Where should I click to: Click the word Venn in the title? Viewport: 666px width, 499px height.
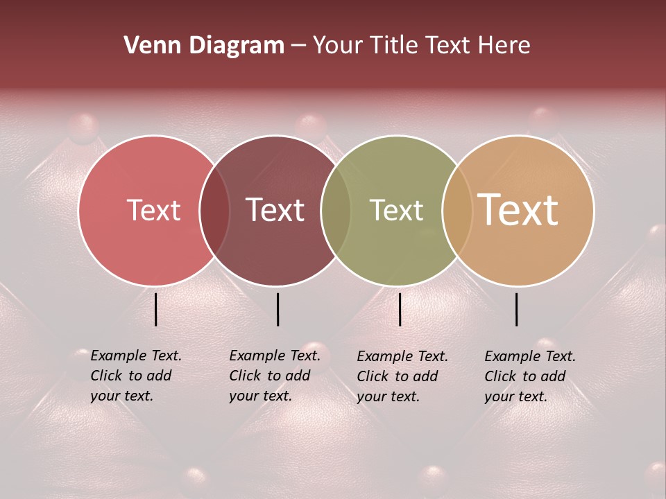(146, 46)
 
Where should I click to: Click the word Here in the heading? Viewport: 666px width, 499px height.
(504, 46)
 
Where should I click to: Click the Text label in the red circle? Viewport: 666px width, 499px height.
(153, 210)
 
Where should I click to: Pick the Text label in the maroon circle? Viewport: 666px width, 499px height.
(275, 210)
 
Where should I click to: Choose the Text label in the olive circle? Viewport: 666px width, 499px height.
(396, 210)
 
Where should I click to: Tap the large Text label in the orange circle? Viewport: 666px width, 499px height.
(518, 210)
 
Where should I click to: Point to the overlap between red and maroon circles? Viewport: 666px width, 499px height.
(214, 210)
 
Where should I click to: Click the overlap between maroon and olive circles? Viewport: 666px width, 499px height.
(336, 210)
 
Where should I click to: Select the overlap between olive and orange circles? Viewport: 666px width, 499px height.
(456, 210)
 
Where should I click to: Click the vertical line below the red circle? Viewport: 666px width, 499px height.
(156, 309)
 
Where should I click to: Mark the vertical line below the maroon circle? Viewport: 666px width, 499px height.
(277, 309)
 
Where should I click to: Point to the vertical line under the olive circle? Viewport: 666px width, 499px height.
(400, 309)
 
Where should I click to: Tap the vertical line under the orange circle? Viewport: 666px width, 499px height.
(517, 309)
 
